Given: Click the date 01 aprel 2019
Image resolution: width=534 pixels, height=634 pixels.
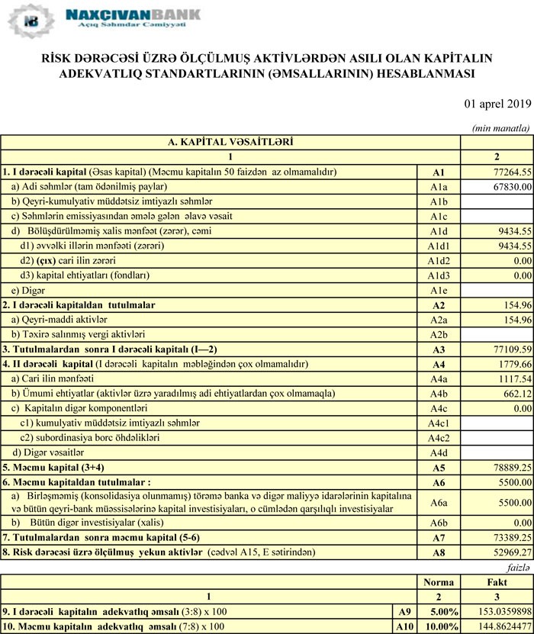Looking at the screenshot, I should click(497, 103).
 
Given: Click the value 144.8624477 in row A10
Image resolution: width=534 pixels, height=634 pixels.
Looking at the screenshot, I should click(498, 626).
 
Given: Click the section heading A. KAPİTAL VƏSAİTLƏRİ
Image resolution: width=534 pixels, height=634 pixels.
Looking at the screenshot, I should click(230, 142).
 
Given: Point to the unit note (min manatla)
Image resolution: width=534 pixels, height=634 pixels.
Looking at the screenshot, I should click(501, 128).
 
